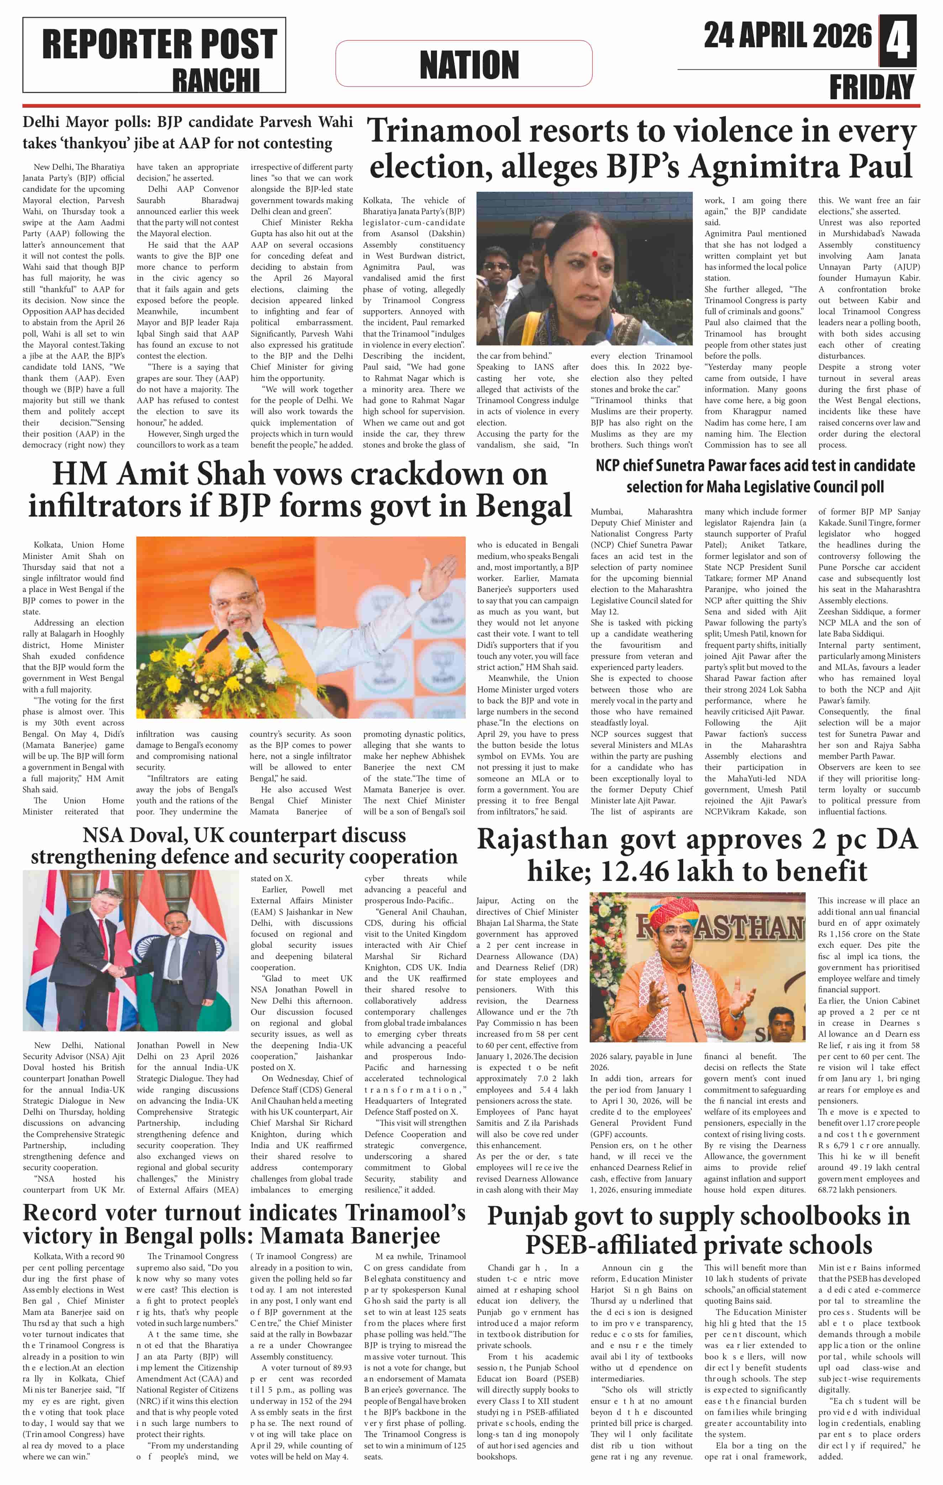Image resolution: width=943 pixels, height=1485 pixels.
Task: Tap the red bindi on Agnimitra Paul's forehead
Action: [x=594, y=253]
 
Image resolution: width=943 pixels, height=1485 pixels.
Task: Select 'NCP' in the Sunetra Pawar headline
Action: [x=613, y=466]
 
